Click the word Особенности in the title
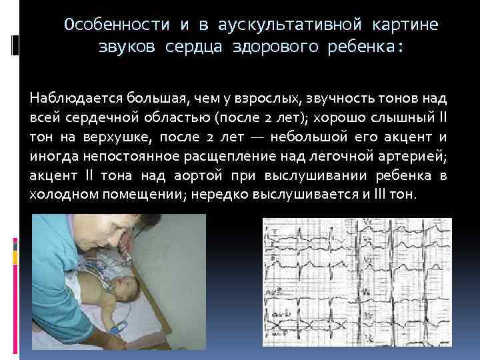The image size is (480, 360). (x=117, y=25)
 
